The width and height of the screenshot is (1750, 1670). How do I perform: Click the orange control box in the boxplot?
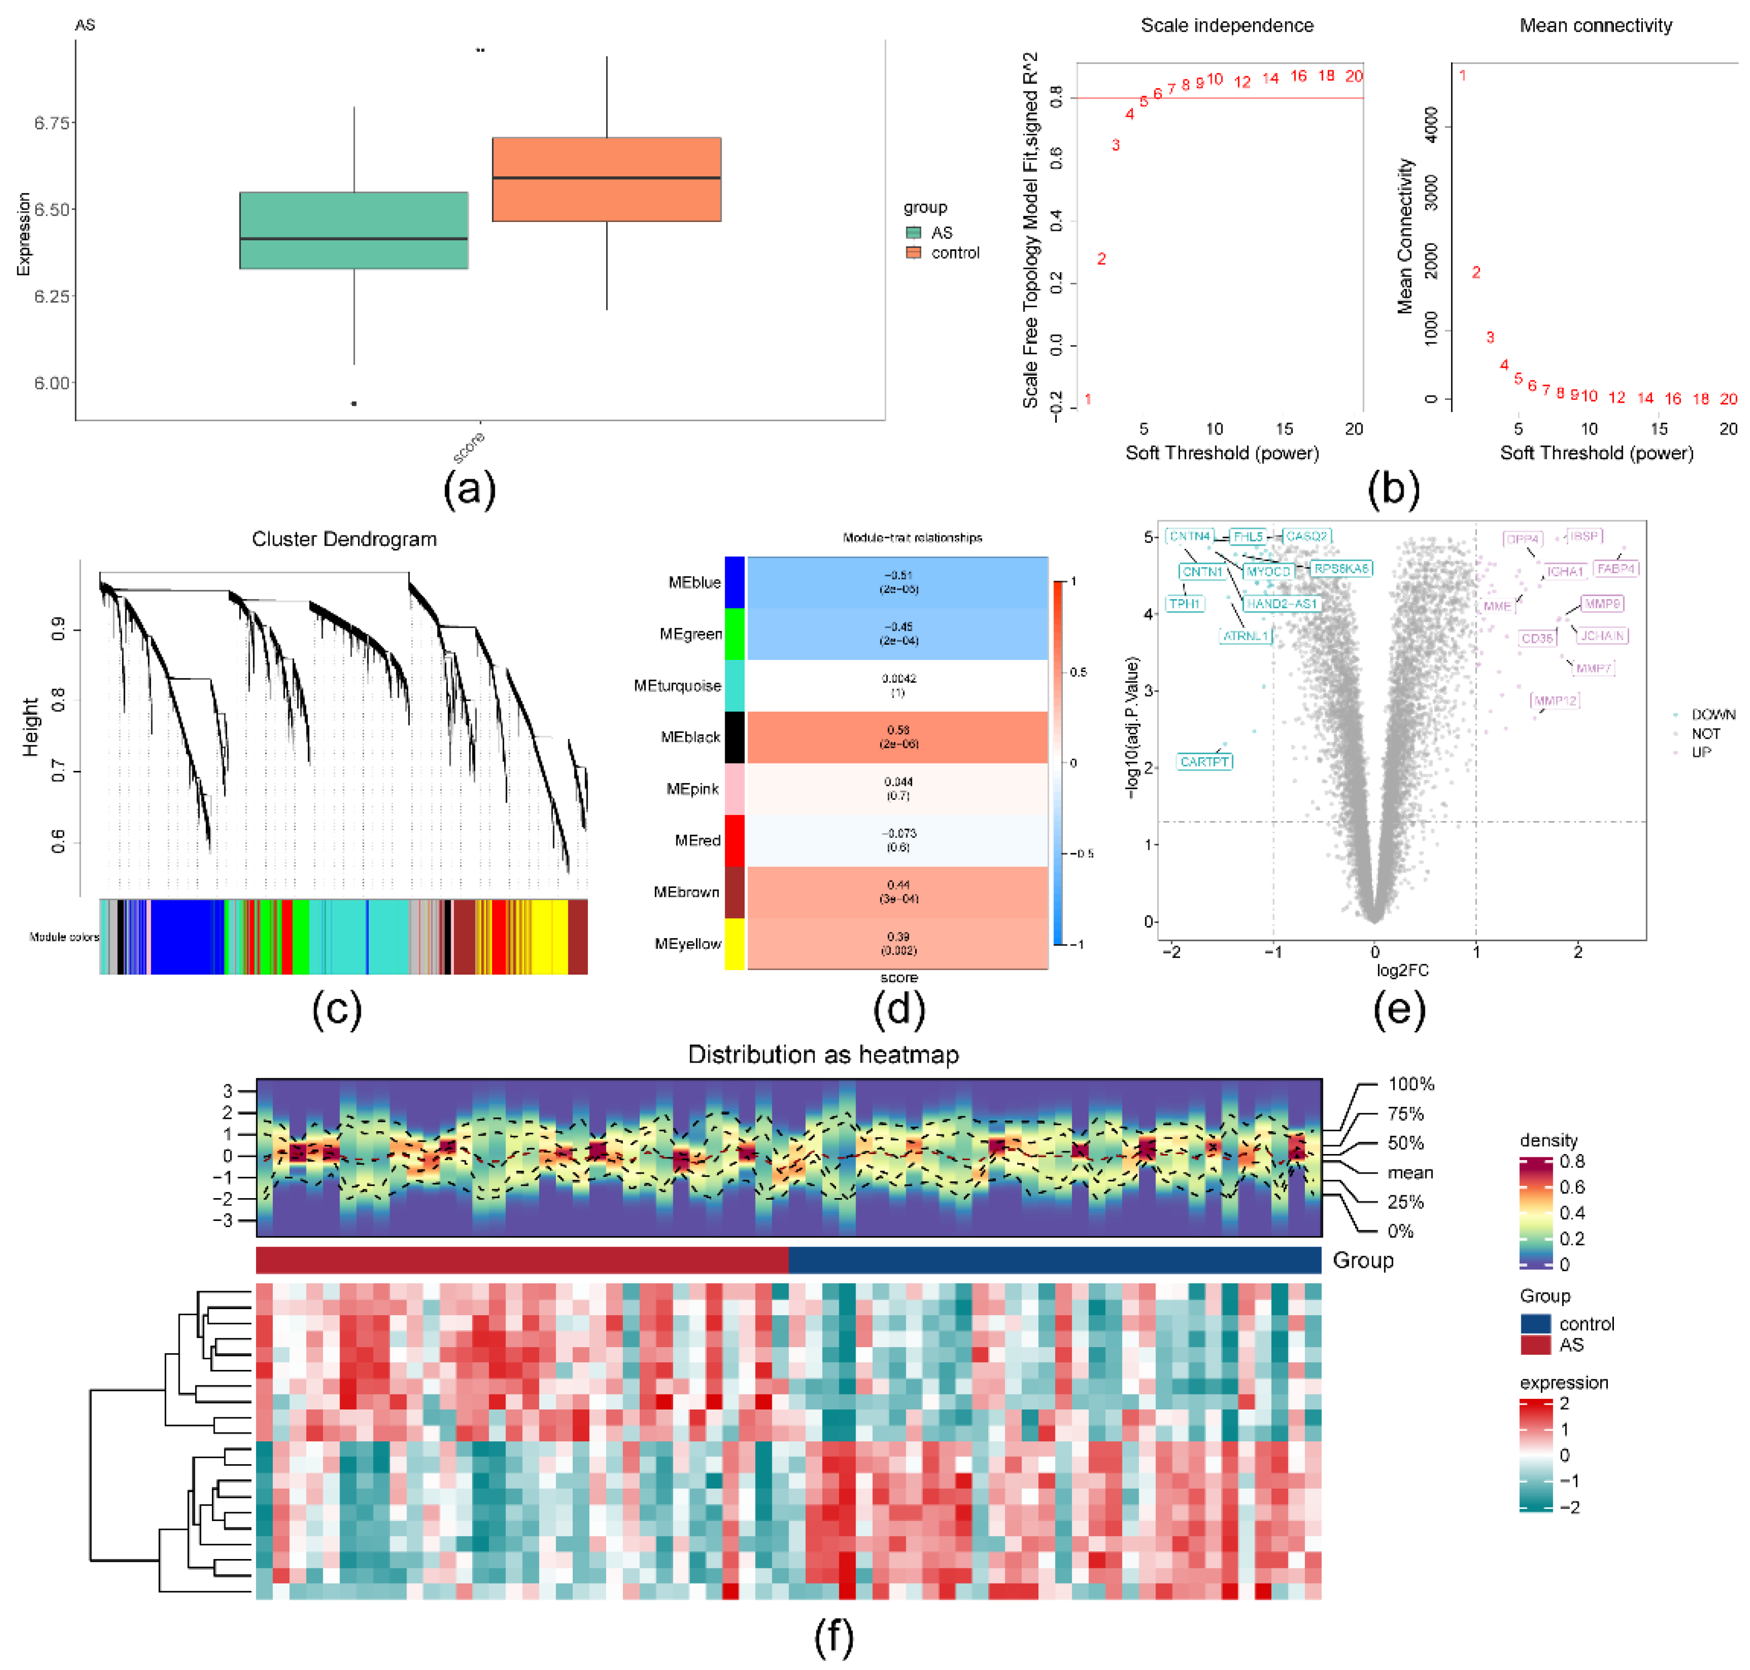(x=606, y=179)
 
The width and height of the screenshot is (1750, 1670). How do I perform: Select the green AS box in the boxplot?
(x=354, y=230)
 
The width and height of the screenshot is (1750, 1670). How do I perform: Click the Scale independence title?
(x=1226, y=25)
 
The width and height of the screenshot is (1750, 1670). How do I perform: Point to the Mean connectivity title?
(x=1595, y=25)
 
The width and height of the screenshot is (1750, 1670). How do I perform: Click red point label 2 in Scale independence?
(x=1101, y=259)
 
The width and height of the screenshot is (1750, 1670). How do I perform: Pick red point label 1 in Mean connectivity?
(x=1462, y=76)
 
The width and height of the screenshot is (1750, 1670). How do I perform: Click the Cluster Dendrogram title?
(x=344, y=539)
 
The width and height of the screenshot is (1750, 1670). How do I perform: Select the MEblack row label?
(x=690, y=737)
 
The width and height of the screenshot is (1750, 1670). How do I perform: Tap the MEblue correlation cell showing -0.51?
(x=897, y=582)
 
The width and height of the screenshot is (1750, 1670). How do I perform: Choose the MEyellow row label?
(x=687, y=944)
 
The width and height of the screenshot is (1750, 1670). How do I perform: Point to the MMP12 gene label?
(x=1554, y=701)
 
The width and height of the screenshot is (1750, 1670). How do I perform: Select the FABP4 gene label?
(x=1616, y=568)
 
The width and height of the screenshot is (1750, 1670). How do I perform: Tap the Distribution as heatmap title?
(x=823, y=1054)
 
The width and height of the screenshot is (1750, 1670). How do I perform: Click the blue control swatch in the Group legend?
(x=1535, y=1324)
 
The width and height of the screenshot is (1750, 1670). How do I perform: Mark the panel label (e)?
(x=1399, y=1008)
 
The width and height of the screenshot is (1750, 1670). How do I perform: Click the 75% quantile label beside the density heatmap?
(x=1405, y=1114)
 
